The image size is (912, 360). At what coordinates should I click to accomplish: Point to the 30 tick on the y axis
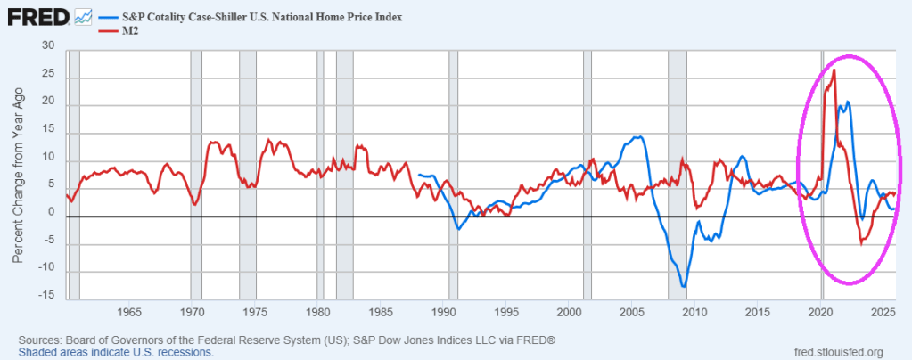point(48,46)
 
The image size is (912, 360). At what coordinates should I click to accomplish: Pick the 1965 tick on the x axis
point(129,313)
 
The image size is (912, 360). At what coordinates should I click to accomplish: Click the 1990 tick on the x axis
point(443,313)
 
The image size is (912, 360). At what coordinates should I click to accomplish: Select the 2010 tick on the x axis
point(694,313)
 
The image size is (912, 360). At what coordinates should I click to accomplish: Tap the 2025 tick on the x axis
point(883,313)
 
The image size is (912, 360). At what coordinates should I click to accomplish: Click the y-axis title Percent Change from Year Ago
point(18,169)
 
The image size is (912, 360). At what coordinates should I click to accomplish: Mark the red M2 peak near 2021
point(834,70)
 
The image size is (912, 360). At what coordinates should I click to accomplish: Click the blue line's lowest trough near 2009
point(684,286)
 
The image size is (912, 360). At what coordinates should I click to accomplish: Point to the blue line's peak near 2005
point(637,137)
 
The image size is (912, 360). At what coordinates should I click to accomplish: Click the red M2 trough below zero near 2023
point(861,243)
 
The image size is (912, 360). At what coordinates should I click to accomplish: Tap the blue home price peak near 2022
point(848,102)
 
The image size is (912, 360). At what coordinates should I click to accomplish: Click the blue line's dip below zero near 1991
point(457,229)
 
